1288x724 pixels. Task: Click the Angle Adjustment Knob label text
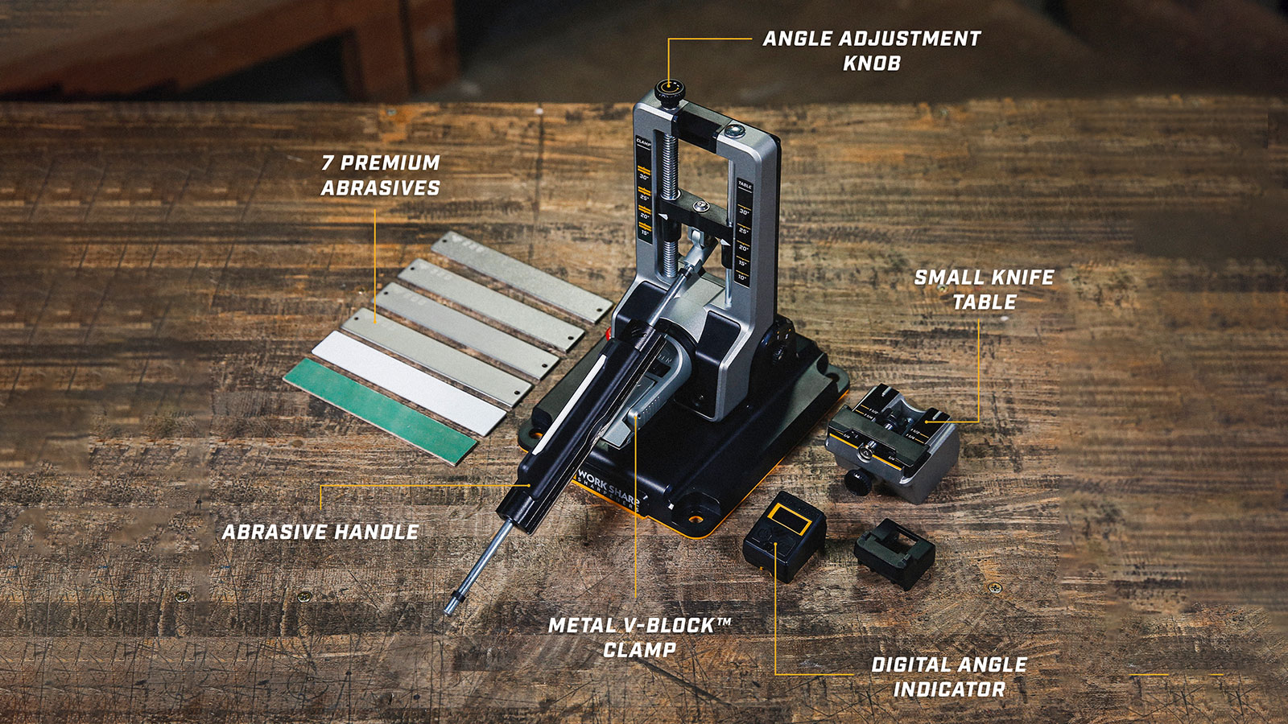pyautogui.click(x=871, y=50)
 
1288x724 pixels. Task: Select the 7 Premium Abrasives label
pyautogui.click(x=381, y=175)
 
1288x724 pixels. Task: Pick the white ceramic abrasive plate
pyautogui.click(x=409, y=381)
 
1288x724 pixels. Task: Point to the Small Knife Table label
pyautogui.click(x=984, y=290)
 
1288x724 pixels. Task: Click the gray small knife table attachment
pyautogui.click(x=894, y=442)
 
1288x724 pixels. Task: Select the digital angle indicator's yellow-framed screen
pyautogui.click(x=790, y=520)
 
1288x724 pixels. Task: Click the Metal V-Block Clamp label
pyautogui.click(x=640, y=637)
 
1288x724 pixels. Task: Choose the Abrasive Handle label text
pyautogui.click(x=320, y=532)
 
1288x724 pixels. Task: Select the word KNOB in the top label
pyautogui.click(x=871, y=63)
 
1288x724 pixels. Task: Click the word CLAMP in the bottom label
pyautogui.click(x=640, y=650)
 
